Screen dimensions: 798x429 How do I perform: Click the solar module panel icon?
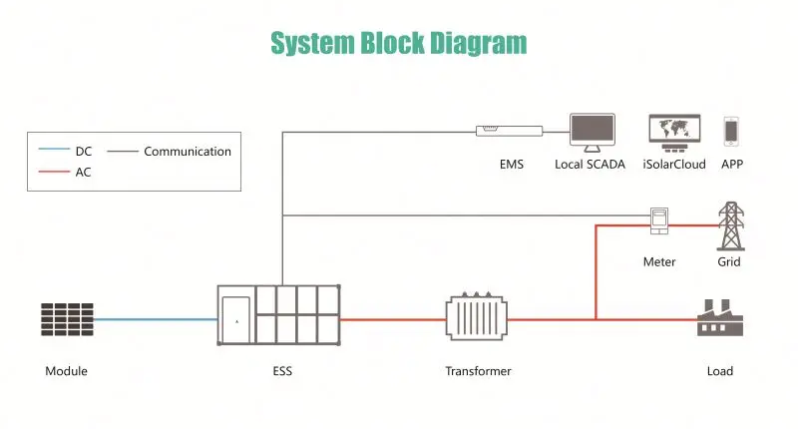[x=67, y=319]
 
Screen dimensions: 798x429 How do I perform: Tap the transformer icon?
[x=477, y=316]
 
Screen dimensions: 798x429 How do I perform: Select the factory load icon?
[x=720, y=317]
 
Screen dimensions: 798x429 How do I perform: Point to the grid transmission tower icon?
[x=731, y=225]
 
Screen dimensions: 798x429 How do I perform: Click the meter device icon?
[x=659, y=220]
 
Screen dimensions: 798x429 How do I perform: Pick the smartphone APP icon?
[x=731, y=132]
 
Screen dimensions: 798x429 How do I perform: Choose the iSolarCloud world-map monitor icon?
[x=675, y=133]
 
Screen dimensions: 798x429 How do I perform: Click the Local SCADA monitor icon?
[x=593, y=133]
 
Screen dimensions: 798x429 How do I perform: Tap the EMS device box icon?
[x=509, y=131]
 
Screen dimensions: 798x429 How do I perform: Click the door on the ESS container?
[x=236, y=320]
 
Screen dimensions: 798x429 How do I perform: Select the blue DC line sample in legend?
[x=54, y=149]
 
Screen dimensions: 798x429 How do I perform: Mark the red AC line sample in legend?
[x=54, y=172]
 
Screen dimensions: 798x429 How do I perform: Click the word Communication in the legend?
[x=188, y=151]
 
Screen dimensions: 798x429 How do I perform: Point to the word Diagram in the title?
[x=479, y=43]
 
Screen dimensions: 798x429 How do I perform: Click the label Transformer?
[x=479, y=371]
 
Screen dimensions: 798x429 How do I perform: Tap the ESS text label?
[x=282, y=371]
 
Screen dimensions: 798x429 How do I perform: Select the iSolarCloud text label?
[x=674, y=165]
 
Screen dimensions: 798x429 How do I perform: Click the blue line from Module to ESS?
[x=156, y=319]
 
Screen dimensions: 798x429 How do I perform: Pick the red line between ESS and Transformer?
[x=393, y=319]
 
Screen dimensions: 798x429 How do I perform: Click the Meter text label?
[x=659, y=262]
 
